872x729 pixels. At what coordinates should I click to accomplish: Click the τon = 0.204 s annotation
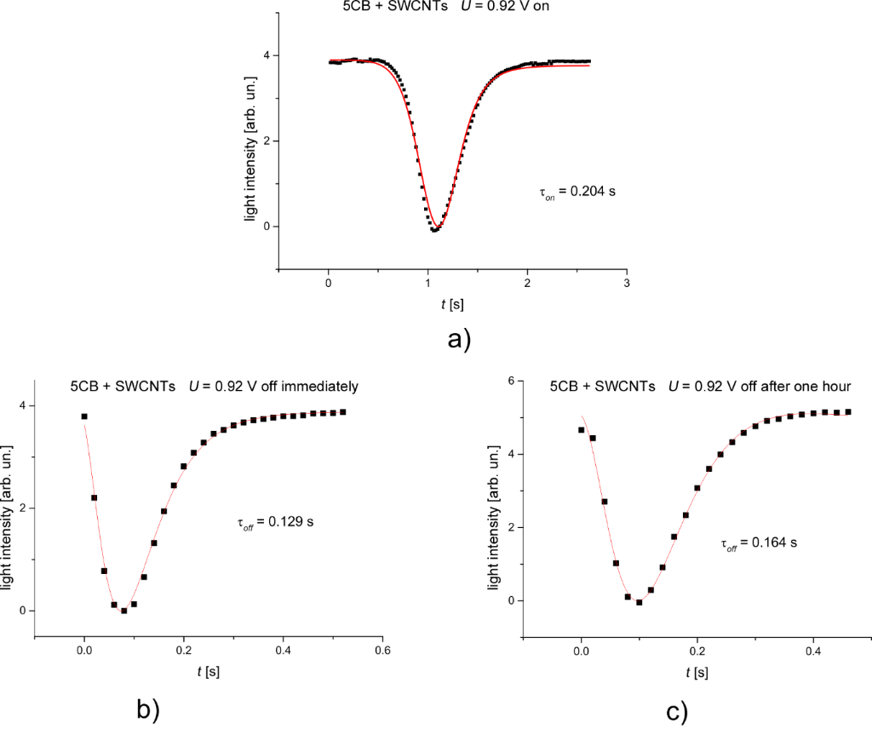[577, 192]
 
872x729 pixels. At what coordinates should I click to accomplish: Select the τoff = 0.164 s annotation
[759, 541]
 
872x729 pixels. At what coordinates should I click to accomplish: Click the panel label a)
[458, 340]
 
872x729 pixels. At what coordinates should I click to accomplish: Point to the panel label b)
[147, 708]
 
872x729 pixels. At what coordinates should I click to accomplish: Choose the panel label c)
[674, 709]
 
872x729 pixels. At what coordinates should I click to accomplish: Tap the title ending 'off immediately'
[214, 386]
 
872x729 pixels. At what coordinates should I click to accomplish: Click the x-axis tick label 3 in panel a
[627, 283]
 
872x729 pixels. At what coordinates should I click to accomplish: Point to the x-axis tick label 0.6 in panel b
[382, 650]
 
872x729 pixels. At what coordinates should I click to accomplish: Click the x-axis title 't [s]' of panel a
[450, 301]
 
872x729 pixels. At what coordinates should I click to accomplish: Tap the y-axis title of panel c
[493, 508]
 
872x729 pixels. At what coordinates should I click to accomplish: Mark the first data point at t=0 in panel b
[84, 416]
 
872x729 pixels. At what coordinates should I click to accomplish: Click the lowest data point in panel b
[123, 611]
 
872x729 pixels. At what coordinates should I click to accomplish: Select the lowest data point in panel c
[639, 602]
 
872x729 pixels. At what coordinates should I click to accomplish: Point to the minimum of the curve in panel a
[435, 230]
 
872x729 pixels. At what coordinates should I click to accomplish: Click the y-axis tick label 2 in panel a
[266, 141]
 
